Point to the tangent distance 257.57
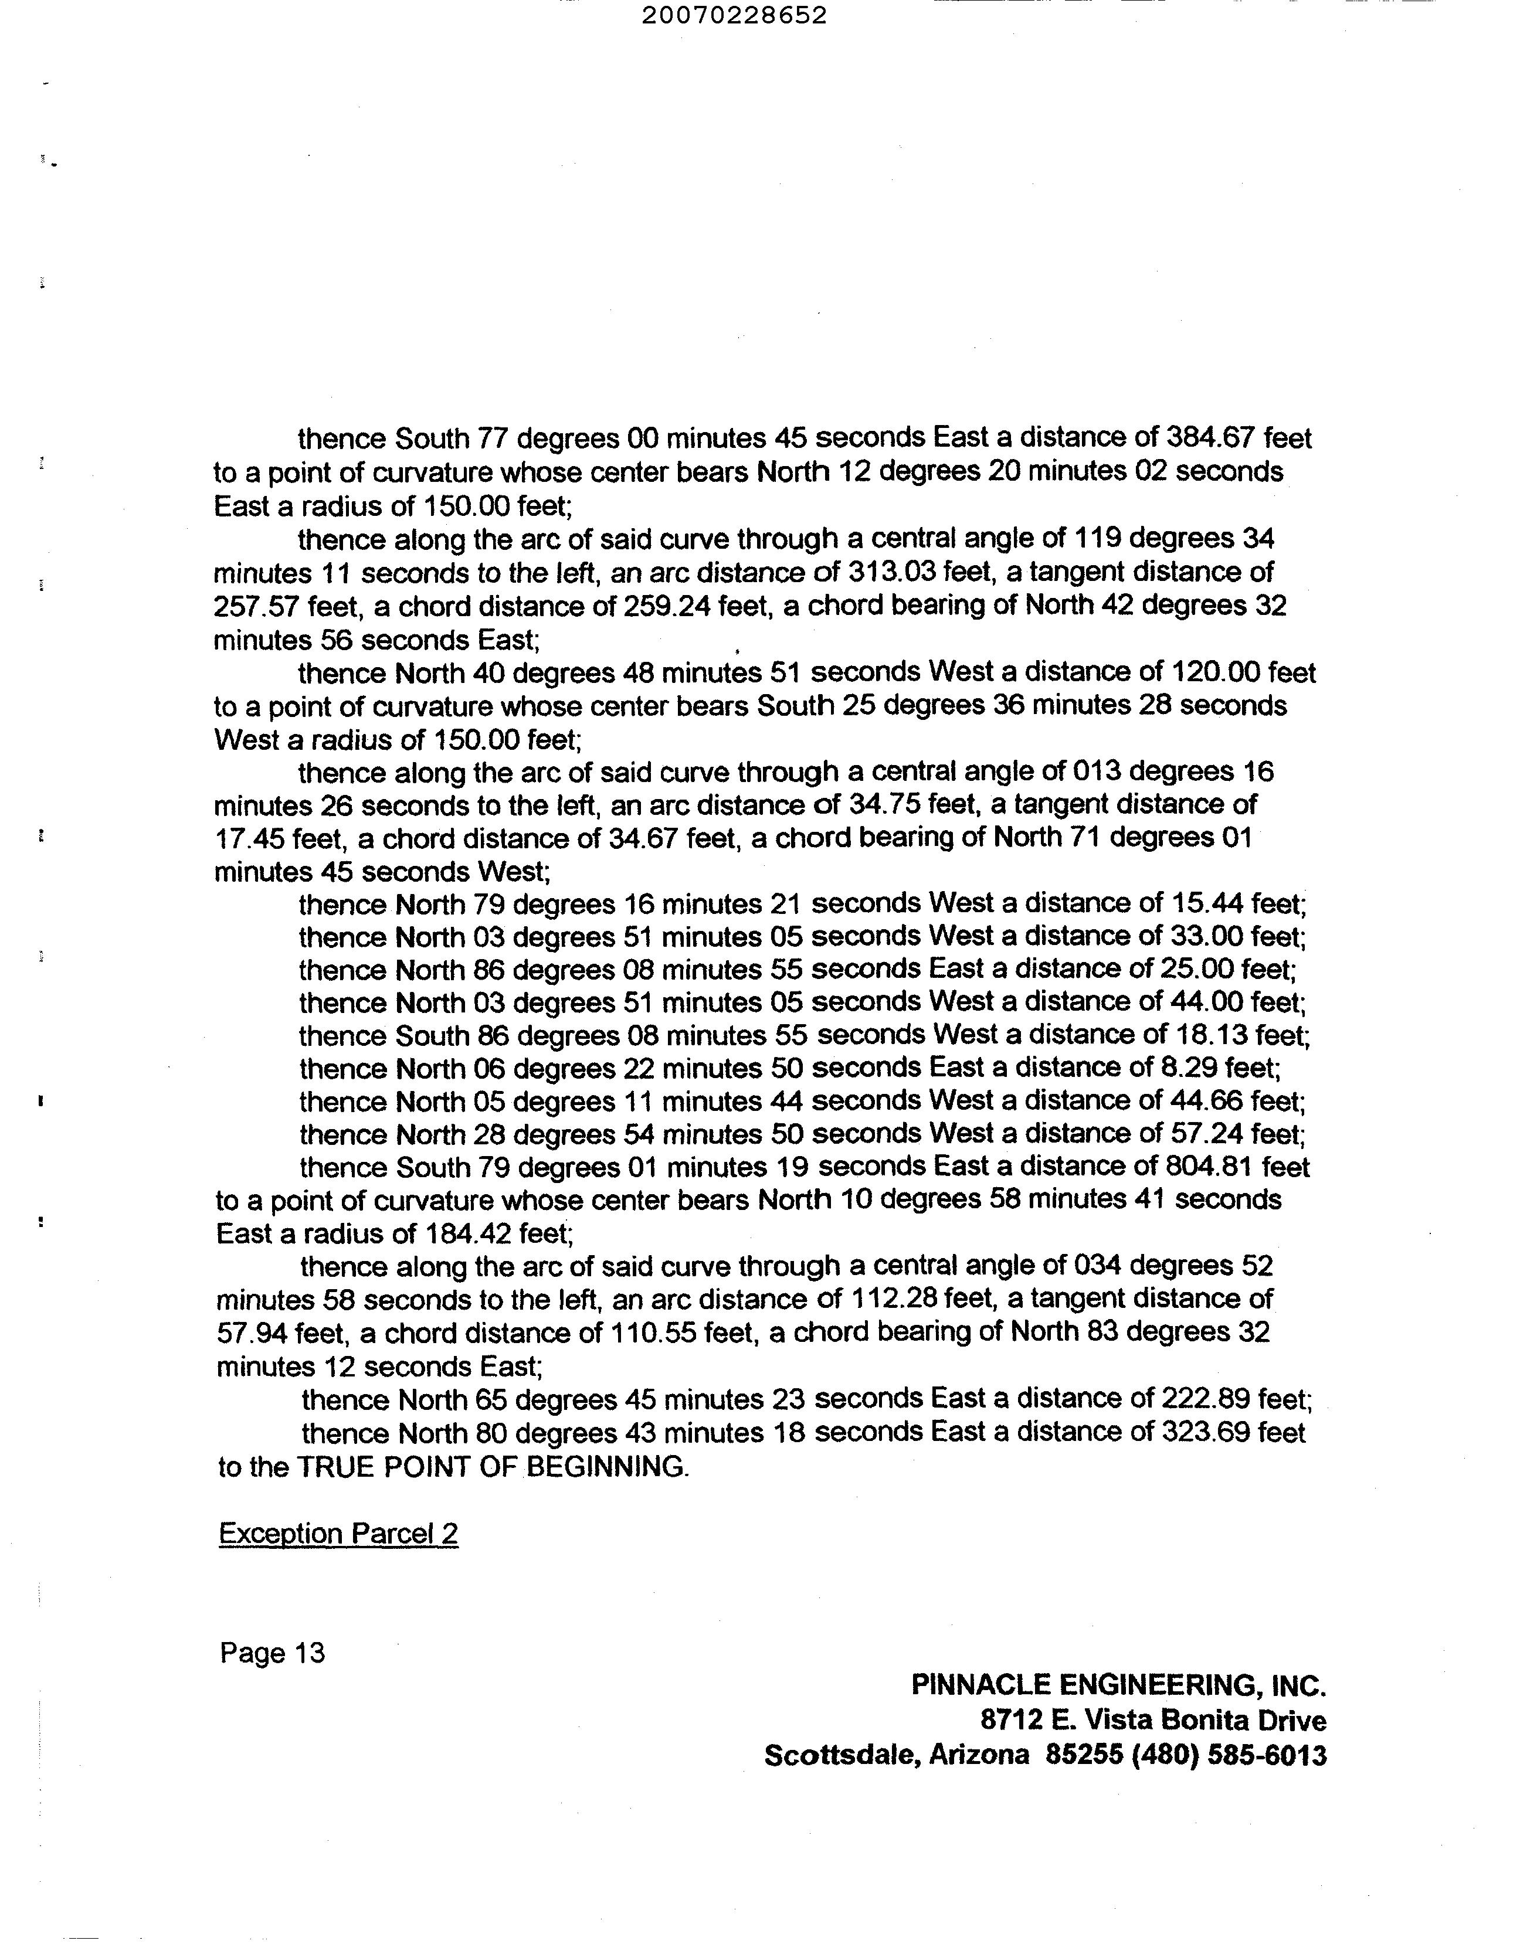click(x=256, y=607)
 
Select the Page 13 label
click(x=273, y=1654)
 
